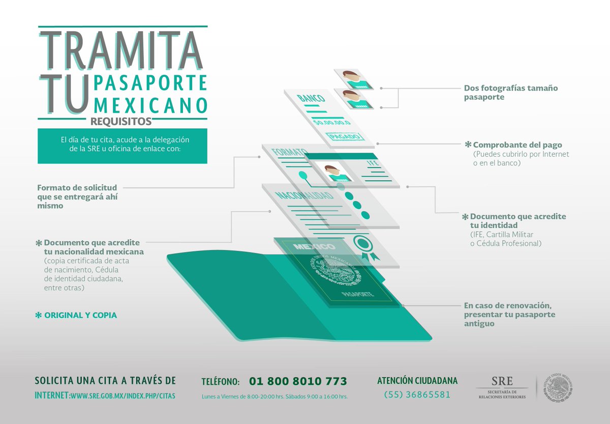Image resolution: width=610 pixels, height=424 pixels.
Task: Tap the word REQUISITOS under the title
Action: pos(121,122)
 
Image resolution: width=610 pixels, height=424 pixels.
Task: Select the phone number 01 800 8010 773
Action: pos(298,381)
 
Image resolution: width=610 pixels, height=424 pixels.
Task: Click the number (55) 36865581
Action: pos(417,394)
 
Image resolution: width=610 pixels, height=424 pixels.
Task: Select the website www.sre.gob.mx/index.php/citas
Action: pos(123,395)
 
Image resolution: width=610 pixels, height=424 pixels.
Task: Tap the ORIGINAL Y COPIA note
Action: pos(80,315)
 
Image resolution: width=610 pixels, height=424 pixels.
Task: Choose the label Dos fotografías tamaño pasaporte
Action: pos(510,92)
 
